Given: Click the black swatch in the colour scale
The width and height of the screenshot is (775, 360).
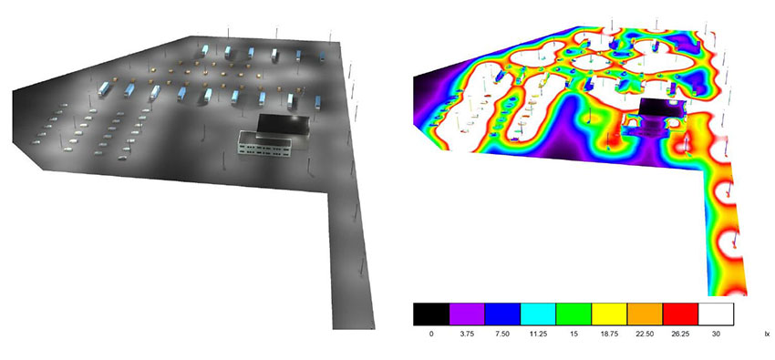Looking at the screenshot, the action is (x=431, y=314).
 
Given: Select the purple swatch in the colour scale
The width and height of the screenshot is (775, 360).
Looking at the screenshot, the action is (x=467, y=314).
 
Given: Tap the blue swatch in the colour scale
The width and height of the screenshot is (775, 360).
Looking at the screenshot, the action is (x=502, y=314).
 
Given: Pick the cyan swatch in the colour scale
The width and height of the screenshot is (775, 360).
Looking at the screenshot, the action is (x=538, y=314).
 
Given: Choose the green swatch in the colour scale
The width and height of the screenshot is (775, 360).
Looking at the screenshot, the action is (x=573, y=314).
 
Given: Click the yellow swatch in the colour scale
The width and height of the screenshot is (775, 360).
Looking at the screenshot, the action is (x=609, y=314).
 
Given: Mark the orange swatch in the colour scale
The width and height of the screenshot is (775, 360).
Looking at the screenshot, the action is (x=645, y=314).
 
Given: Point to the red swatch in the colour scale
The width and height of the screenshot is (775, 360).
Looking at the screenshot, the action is (x=680, y=314).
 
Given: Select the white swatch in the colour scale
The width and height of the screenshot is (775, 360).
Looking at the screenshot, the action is (x=716, y=314).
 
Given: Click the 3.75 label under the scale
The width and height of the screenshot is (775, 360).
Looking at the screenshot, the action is (x=467, y=334).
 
